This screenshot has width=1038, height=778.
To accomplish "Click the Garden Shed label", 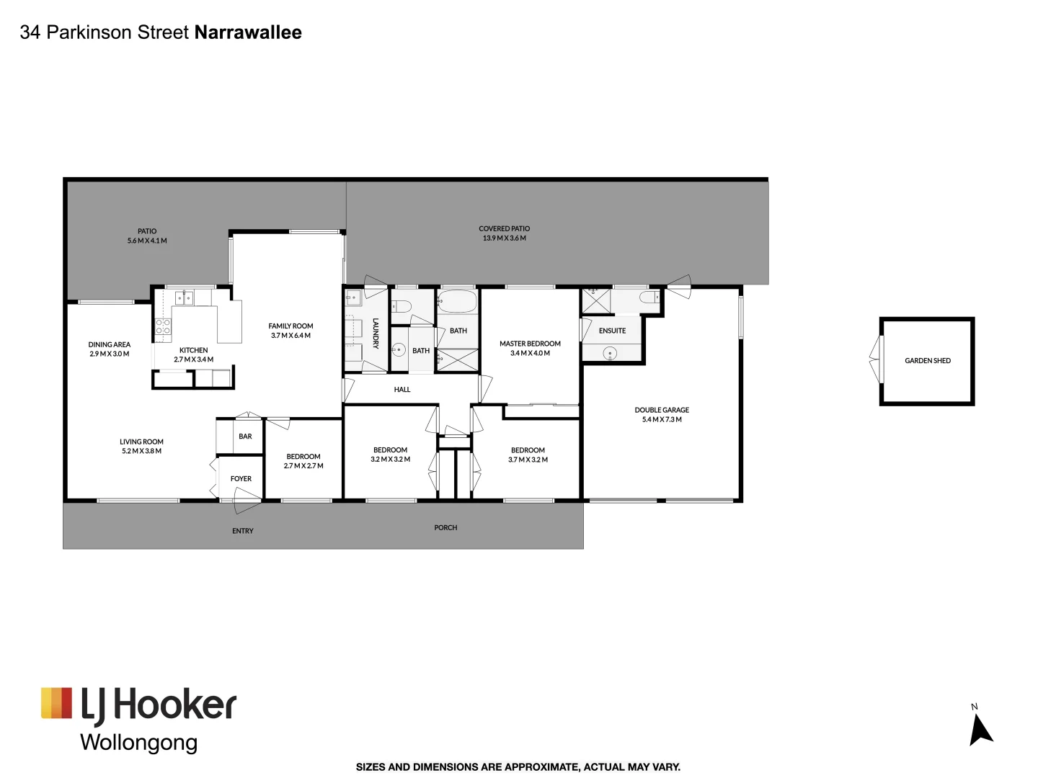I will [x=927, y=360].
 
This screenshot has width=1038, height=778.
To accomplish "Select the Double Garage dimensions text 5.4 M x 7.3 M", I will [x=662, y=419].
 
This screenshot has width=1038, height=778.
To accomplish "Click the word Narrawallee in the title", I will [x=248, y=32].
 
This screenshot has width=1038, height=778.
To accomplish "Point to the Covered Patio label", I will [x=504, y=228].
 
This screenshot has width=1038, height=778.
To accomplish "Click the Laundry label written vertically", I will [x=376, y=334].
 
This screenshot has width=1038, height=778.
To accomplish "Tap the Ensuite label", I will [x=612, y=331].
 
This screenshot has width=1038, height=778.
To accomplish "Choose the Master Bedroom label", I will [x=530, y=344].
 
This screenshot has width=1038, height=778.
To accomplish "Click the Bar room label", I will [x=245, y=437].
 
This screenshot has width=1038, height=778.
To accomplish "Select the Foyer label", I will [x=241, y=478].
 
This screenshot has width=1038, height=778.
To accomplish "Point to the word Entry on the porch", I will [x=243, y=531].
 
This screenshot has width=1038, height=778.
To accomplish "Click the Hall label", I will [x=402, y=390].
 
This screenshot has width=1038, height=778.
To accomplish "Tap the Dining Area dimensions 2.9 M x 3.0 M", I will [x=110, y=354].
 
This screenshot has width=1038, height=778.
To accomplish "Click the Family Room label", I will [x=290, y=326].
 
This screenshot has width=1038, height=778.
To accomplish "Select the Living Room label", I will [x=141, y=442].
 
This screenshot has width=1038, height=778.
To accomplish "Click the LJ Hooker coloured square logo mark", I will [x=56, y=703].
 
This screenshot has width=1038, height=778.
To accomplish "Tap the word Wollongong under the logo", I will [x=138, y=743].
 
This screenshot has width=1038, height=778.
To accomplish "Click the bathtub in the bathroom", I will [x=457, y=301].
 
